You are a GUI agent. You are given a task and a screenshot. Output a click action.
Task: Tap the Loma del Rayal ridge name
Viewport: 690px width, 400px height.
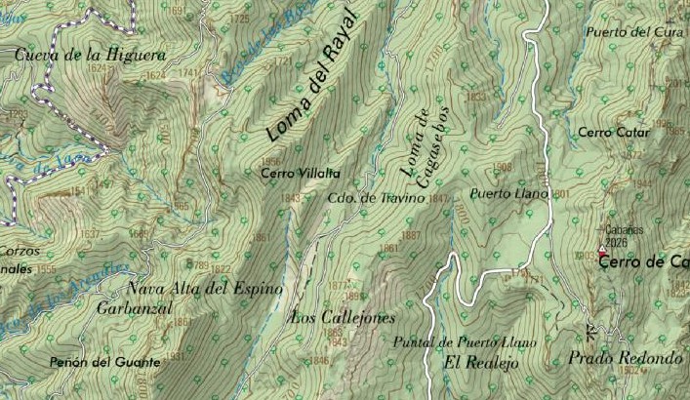[x=312, y=90]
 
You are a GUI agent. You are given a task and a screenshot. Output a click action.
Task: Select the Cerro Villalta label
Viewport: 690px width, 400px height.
[x=301, y=173]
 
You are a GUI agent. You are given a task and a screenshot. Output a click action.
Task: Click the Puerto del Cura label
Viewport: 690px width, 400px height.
[x=629, y=31]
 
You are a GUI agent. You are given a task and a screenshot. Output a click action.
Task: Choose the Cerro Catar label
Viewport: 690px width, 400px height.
[x=607, y=132]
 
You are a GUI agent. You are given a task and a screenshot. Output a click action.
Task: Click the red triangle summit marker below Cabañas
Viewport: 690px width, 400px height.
[x=601, y=253]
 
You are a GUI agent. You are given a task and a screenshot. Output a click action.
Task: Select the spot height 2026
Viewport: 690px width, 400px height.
[x=615, y=242]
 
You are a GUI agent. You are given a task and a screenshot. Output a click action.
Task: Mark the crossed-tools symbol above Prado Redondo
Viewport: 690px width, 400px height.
[x=589, y=329]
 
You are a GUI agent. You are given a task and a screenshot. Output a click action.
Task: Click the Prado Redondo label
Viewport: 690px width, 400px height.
[x=624, y=358]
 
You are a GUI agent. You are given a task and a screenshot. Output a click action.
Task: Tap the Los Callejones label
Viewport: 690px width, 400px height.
[x=343, y=317]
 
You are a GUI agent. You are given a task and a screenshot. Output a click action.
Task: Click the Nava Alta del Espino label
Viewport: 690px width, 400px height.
[x=205, y=289]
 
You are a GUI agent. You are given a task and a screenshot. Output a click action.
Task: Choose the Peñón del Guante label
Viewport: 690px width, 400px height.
[x=103, y=362]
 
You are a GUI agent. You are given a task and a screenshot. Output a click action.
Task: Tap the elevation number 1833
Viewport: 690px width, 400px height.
[x=476, y=97]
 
